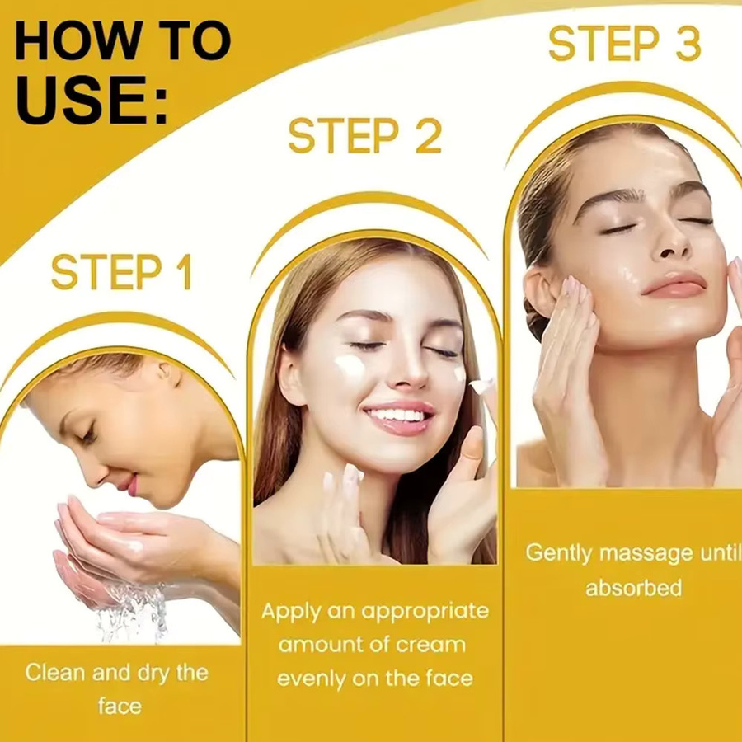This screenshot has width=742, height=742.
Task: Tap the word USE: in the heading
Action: tap(92, 101)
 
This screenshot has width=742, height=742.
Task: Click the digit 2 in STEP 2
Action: tap(428, 135)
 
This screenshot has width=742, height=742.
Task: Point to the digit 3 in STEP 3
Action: tap(688, 44)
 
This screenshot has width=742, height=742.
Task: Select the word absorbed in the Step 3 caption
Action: tap(634, 588)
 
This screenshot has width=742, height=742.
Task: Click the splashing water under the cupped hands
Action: tap(135, 612)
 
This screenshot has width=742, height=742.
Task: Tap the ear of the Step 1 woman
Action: tap(168, 373)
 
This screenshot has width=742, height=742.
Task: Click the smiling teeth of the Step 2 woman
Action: tap(398, 415)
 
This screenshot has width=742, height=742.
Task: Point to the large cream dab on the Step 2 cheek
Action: tap(350, 366)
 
